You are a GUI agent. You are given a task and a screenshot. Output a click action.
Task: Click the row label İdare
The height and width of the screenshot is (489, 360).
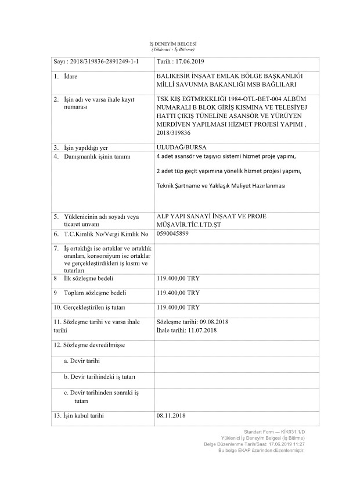pos(72,76)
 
